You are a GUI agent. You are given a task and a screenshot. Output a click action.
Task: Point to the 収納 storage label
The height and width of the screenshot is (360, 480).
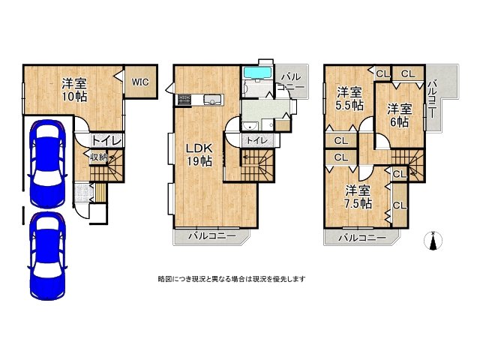tap(99, 157)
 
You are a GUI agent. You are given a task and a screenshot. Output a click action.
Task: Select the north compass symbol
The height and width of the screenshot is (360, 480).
tap(433, 241)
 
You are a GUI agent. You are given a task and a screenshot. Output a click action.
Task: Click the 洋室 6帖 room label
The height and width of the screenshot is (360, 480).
tap(399, 115)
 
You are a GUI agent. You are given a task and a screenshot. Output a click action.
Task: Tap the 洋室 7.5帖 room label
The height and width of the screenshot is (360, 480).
tap(358, 196)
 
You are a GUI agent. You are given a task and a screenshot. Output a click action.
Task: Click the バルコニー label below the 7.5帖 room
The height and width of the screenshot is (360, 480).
tap(361, 238)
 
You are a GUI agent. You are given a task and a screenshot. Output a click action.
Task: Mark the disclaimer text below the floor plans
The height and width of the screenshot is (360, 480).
tap(231, 278)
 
